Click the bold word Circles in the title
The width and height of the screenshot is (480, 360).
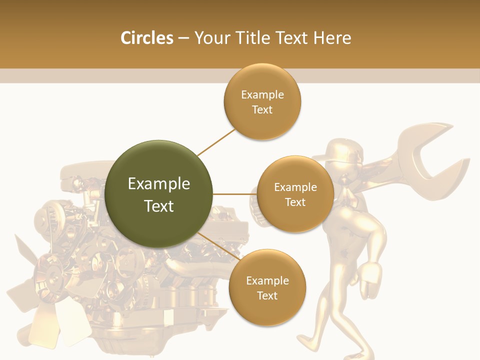coord(147,38)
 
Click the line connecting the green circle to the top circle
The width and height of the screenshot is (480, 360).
coord(216,142)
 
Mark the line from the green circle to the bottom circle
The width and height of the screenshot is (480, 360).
coord(218,246)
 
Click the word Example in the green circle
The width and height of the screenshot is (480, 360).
coord(159,184)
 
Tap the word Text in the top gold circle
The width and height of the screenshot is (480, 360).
coord(262,110)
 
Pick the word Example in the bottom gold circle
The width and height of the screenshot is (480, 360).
coord(267,281)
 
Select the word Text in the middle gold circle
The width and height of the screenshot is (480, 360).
coord(295,202)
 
